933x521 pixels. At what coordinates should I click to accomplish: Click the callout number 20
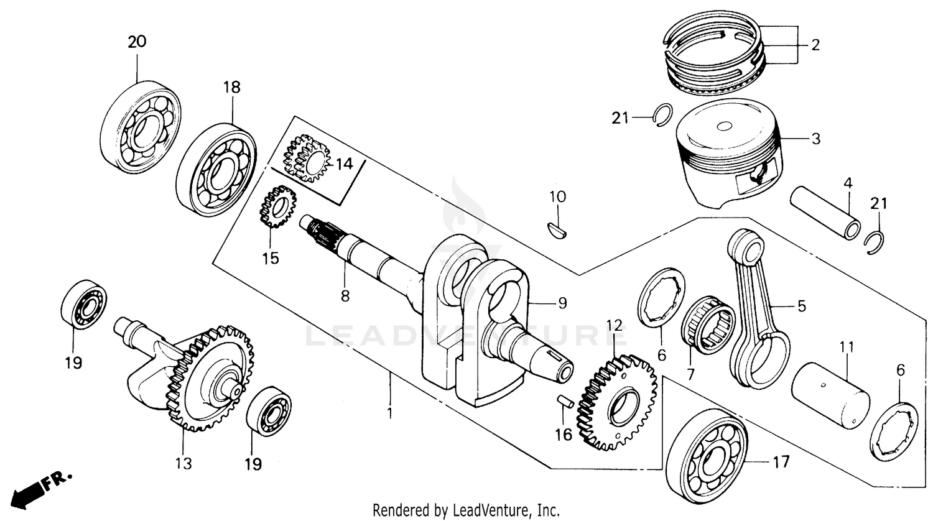point(137,42)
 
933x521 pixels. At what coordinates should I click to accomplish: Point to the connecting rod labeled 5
point(756,311)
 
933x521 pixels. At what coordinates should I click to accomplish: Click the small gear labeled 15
point(277,208)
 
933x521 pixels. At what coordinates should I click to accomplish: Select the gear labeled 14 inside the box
point(307,158)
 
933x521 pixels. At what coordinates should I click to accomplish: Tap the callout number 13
point(183,464)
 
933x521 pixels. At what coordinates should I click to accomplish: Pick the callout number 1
point(390,412)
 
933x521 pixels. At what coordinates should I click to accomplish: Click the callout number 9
point(562,303)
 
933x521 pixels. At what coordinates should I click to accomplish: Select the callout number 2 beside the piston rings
point(815,45)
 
